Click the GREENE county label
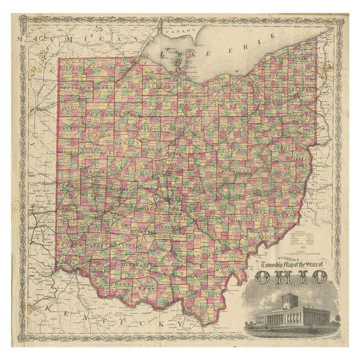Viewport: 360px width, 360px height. click(112, 223)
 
